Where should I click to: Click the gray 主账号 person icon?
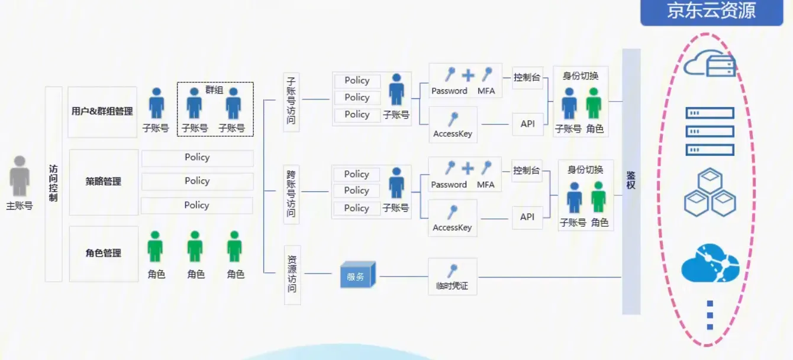coord(20,176)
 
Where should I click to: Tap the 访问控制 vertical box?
coord(53,184)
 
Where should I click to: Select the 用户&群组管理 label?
coord(102,111)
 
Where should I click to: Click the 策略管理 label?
coord(104,182)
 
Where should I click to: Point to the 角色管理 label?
coord(104,253)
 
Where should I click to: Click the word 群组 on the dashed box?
coord(214,90)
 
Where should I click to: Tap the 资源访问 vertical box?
coord(292,275)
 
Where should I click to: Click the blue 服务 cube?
coord(357,276)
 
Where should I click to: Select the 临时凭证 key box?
coord(452,277)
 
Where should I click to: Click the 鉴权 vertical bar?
coord(631,181)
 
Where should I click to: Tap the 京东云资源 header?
coord(711,11)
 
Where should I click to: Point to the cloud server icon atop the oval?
coord(710,63)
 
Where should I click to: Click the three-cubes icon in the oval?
coord(710,192)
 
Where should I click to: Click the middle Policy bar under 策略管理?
coord(197,181)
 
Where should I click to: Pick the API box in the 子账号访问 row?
coord(527,124)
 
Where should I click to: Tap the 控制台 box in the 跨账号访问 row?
coord(527,171)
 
